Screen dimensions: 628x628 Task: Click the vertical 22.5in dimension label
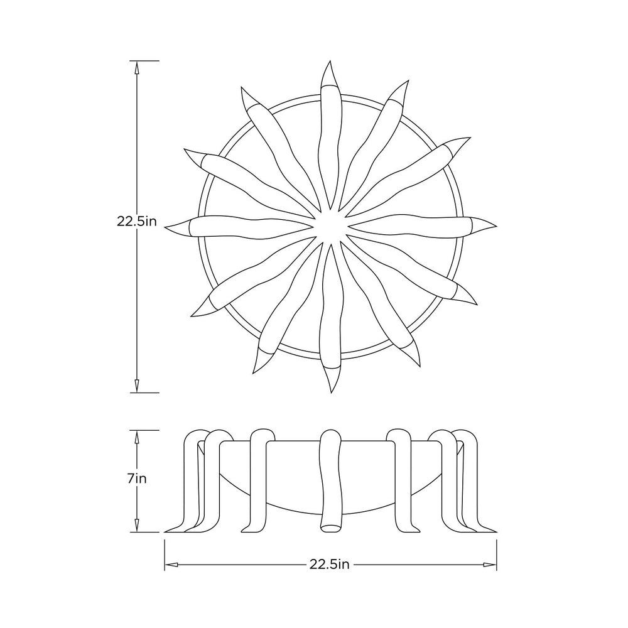[x=136, y=221]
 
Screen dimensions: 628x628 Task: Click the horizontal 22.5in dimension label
[x=329, y=565]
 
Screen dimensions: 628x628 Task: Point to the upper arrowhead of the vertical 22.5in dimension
[x=136, y=67]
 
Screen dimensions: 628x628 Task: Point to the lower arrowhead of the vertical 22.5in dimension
[x=136, y=386]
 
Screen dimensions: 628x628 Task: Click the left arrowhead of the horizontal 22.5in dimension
[x=171, y=565]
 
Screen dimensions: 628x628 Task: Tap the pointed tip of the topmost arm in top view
[x=330, y=62]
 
